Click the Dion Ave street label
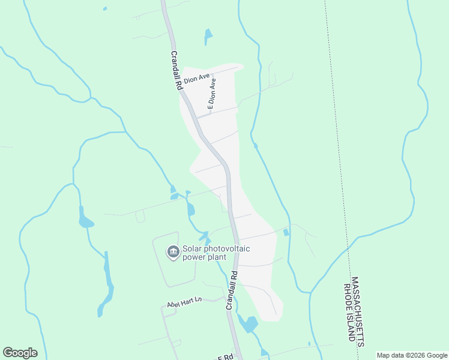[x=196, y=79]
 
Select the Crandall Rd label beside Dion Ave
[x=176, y=70]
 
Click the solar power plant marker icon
[x=173, y=252]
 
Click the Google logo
[x=20, y=353]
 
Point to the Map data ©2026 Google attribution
[x=412, y=355]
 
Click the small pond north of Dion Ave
[x=208, y=36]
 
